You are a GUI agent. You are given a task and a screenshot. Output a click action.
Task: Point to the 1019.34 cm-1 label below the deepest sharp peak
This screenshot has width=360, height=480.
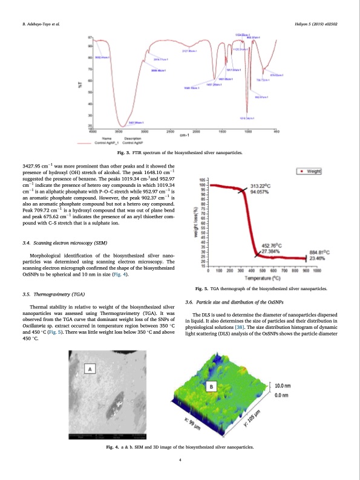tap(246, 117)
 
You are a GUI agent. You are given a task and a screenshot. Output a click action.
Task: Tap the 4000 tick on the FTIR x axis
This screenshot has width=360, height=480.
tap(92, 131)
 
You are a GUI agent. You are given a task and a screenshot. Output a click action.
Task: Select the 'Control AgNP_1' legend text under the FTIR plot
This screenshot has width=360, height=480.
tap(108, 143)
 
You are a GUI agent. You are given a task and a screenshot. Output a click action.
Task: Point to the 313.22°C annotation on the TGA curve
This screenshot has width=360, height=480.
tap(261, 186)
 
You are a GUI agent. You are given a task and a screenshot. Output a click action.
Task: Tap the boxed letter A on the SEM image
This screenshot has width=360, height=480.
tap(91, 369)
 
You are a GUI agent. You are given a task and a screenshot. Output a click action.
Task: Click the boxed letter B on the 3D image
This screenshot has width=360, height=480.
tap(212, 386)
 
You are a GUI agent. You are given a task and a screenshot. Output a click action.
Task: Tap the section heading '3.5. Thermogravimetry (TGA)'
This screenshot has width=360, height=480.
tap(53, 294)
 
